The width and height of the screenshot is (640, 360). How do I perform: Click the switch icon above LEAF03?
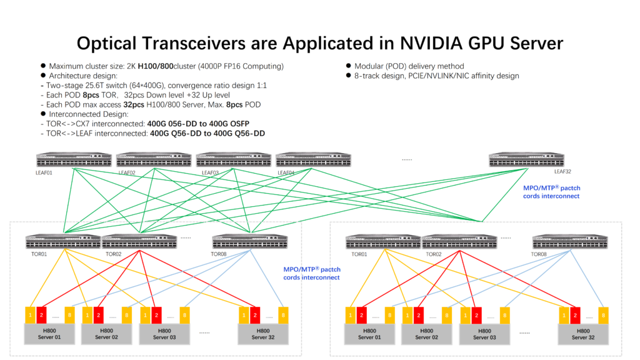click(234, 159)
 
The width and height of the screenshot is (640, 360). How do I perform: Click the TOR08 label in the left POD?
click(219, 254)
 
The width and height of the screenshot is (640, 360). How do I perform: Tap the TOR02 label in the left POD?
click(113, 254)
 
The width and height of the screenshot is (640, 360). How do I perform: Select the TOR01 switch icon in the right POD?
click(382, 241)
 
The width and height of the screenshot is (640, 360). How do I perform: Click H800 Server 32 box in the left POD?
click(263, 334)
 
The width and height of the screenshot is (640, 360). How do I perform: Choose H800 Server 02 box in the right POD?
click(427, 334)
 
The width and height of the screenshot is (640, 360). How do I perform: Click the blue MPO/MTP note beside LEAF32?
click(549, 191)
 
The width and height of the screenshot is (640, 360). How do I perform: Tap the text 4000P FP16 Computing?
click(247, 66)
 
